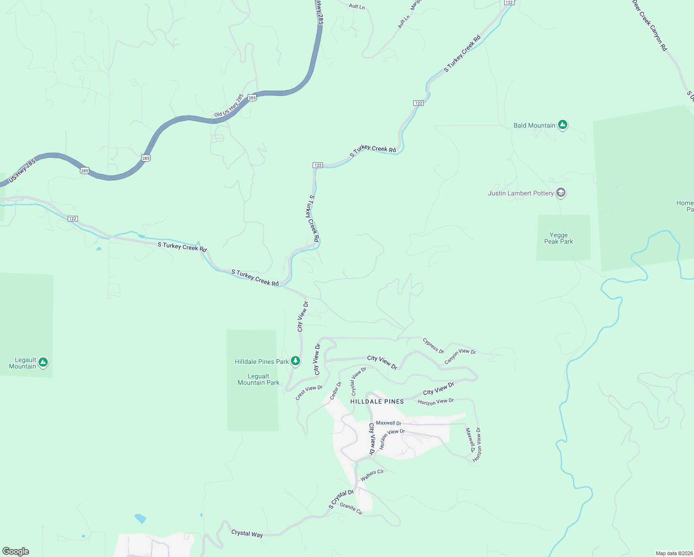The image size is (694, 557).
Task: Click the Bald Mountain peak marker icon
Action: [x=562, y=125]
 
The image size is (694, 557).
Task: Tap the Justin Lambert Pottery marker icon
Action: [x=560, y=193]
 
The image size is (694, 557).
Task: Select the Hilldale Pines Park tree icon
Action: [x=296, y=361]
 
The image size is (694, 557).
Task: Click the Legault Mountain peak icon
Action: [x=43, y=362]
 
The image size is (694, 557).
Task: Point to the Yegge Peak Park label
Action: [x=559, y=239]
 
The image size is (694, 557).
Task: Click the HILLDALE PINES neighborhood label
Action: [x=377, y=402]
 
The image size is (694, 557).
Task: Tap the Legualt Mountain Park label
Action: [x=258, y=380]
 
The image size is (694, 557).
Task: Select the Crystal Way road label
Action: [x=247, y=534]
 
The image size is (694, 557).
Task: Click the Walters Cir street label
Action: [x=373, y=475]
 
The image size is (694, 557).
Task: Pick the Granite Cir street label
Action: [x=351, y=509]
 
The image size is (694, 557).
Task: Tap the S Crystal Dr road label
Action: [x=341, y=499]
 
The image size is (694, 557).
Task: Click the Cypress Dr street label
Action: [x=433, y=345]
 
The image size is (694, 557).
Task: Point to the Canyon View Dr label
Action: [x=460, y=356]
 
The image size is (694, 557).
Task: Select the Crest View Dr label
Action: [x=309, y=392]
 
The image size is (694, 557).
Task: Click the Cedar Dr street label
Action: [x=335, y=391]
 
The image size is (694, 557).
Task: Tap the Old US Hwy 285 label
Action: [x=229, y=106]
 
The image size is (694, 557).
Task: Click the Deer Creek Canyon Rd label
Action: [x=649, y=25]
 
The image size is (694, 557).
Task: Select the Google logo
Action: [x=16, y=551]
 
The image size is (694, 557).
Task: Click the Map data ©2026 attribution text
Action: [x=674, y=553]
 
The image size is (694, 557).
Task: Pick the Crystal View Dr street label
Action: [x=358, y=381]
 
